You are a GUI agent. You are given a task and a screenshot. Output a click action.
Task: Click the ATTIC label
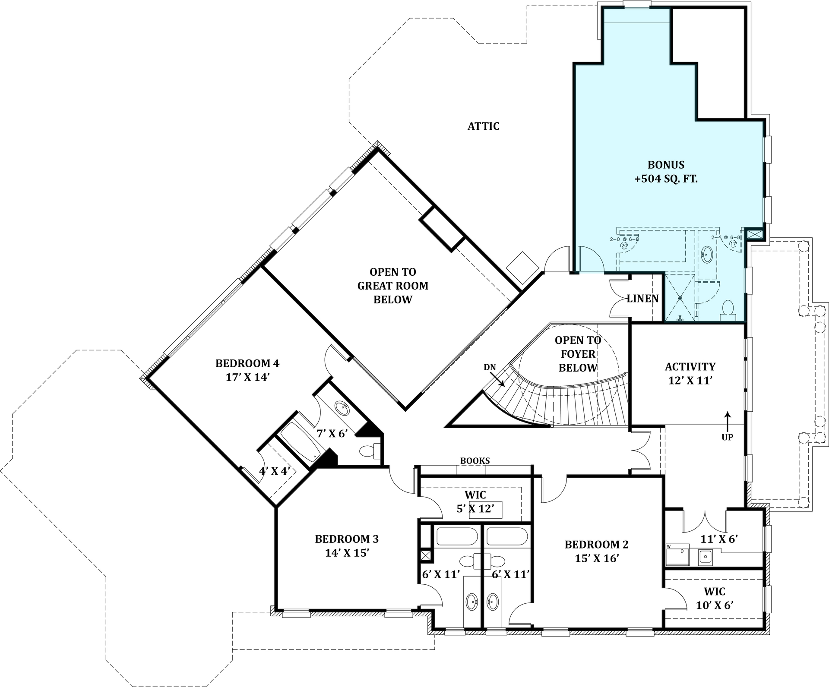pyautogui.click(x=483, y=126)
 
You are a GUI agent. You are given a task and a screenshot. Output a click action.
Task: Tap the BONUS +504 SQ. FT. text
pyautogui.click(x=666, y=172)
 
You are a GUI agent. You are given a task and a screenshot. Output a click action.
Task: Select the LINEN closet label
pyautogui.click(x=642, y=299)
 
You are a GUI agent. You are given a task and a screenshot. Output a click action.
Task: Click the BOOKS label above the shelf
pyautogui.click(x=475, y=461)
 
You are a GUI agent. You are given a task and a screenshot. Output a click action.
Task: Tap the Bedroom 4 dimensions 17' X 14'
pyautogui.click(x=247, y=377)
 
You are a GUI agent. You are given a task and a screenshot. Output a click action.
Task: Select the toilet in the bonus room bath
pyautogui.click(x=728, y=310)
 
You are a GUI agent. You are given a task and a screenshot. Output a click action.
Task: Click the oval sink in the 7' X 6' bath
pyautogui.click(x=343, y=408)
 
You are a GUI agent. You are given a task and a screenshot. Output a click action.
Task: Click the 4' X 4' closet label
pyautogui.click(x=274, y=471)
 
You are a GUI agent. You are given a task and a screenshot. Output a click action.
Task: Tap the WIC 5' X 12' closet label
pyautogui.click(x=475, y=502)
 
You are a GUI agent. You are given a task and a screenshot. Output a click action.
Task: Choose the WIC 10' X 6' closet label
pyautogui.click(x=714, y=598)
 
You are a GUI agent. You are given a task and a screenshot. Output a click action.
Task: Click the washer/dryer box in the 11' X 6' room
pyautogui.click(x=677, y=555)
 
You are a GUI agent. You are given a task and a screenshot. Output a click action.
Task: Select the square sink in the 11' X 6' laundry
pyautogui.click(x=705, y=557)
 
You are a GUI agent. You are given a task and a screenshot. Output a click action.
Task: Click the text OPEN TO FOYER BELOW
pyautogui.click(x=578, y=354)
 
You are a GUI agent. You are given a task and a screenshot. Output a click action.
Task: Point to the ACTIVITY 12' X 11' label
pyautogui.click(x=690, y=373)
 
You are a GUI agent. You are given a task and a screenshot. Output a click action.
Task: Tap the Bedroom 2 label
pyautogui.click(x=596, y=545)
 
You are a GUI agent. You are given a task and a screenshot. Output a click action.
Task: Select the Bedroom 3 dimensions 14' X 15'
pyautogui.click(x=347, y=553)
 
